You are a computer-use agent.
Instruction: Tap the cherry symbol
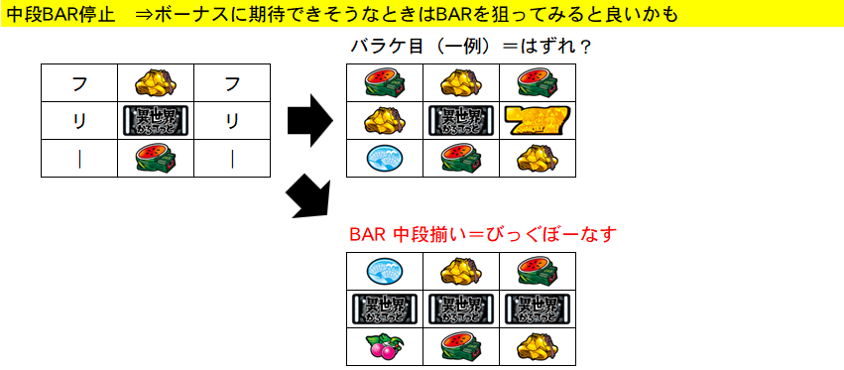(383, 345)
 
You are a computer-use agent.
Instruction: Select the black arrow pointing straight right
(309, 120)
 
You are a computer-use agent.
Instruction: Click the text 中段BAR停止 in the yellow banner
(57, 13)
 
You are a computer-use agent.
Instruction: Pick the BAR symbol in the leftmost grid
(155, 121)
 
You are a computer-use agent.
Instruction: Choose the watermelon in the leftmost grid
(155, 158)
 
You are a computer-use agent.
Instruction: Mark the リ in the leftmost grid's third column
(232, 121)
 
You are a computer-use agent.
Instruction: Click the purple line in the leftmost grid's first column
(79, 158)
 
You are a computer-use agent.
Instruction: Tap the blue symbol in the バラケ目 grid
(383, 158)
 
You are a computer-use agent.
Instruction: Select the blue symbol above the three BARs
(383, 270)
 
